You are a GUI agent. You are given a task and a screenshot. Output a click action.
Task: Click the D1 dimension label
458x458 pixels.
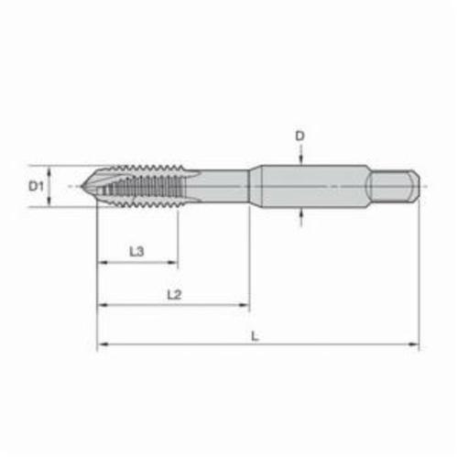click(x=37, y=186)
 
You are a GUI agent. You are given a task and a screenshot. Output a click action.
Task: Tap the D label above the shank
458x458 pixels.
click(x=300, y=136)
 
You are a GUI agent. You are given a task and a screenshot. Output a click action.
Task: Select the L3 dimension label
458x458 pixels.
click(x=136, y=252)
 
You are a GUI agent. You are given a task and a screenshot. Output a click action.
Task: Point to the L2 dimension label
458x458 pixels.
click(x=174, y=295)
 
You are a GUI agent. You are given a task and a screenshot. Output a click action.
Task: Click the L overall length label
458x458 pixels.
click(x=255, y=336)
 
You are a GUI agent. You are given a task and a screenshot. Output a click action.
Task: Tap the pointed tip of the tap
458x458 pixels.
click(x=82, y=186)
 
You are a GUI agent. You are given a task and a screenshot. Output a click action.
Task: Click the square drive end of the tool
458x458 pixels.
click(x=394, y=186)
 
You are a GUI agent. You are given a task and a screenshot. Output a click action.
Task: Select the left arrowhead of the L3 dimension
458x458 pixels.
click(x=102, y=262)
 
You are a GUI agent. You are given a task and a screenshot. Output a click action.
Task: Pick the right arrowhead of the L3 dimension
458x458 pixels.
click(x=173, y=262)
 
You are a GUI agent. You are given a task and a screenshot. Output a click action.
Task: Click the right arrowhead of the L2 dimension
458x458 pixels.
click(x=245, y=305)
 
